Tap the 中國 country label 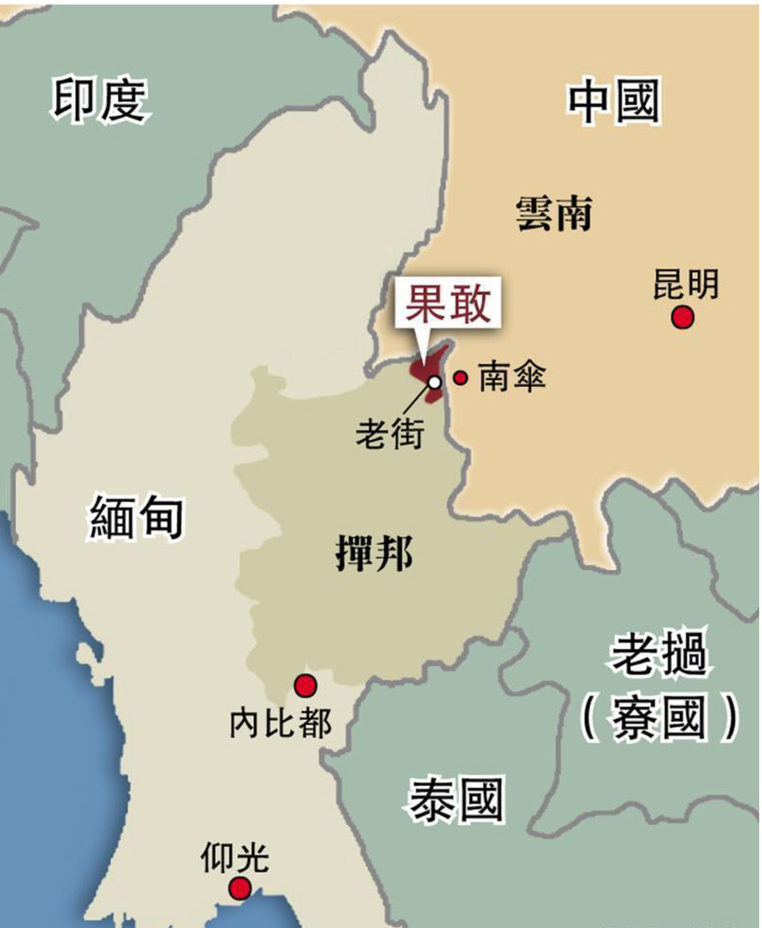[x=613, y=102]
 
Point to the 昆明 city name [x=685, y=284]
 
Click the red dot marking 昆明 [x=682, y=318]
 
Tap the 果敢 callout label [x=447, y=304]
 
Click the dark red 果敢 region [x=427, y=367]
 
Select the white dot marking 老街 [x=434, y=381]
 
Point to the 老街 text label [x=389, y=434]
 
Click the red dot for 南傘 [x=460, y=377]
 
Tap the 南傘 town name [x=512, y=377]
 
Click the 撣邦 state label [x=373, y=554]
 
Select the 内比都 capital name [x=280, y=723]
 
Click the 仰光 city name [x=235, y=858]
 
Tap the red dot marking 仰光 [x=239, y=887]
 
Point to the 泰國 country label [x=455, y=800]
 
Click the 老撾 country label [x=658, y=654]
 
